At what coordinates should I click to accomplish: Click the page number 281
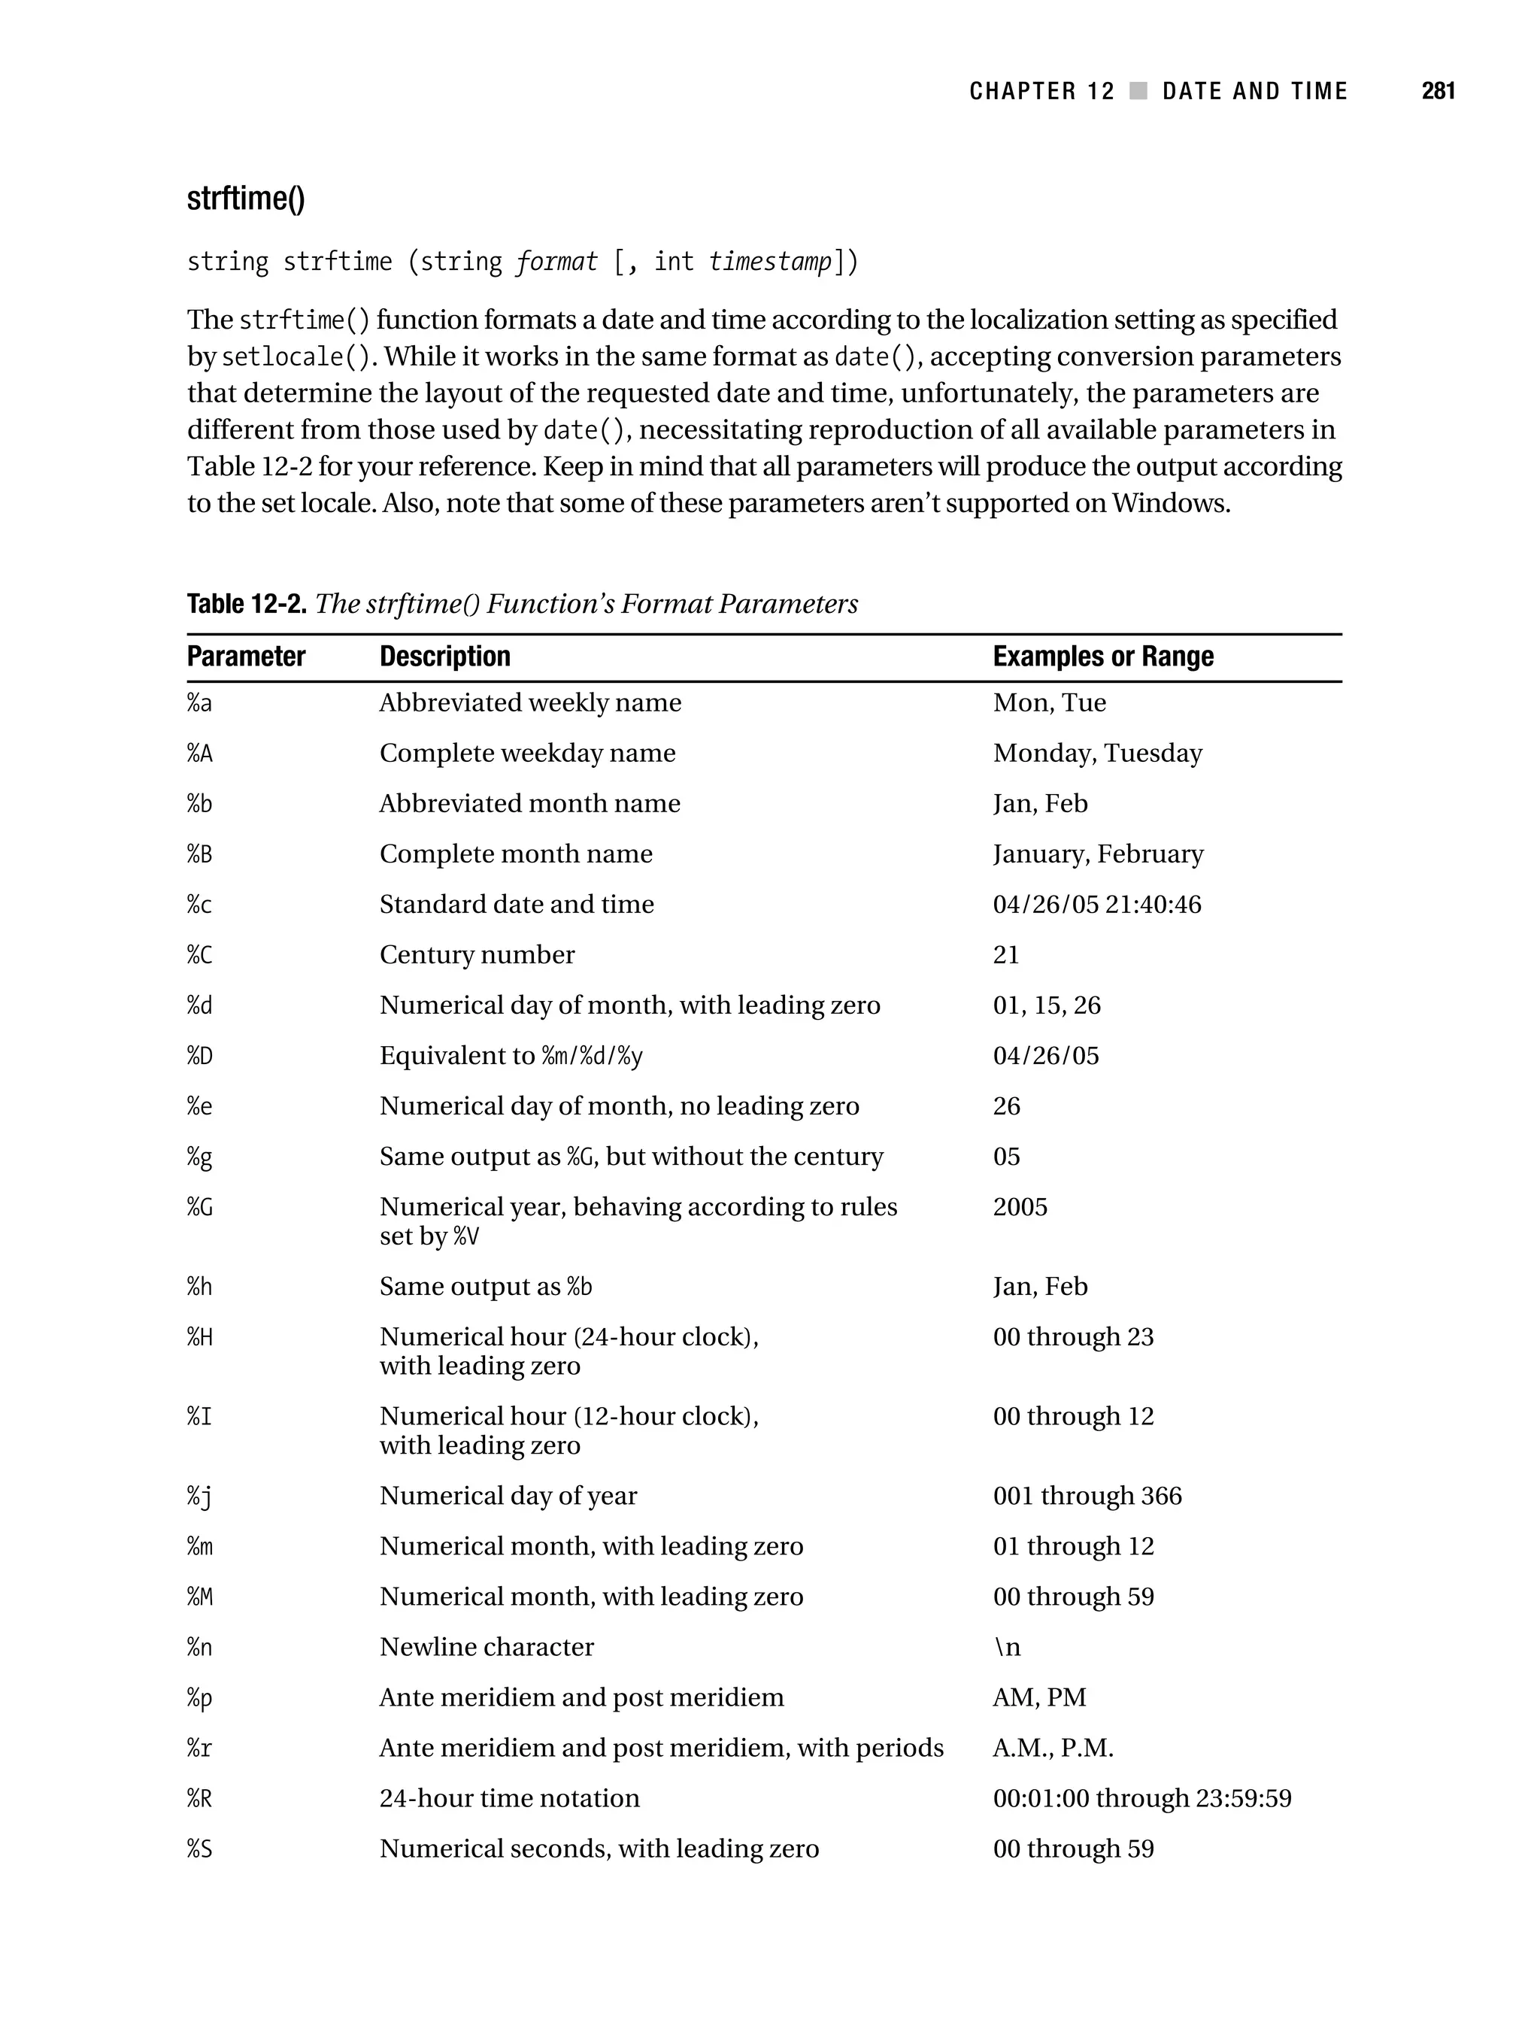point(1438,91)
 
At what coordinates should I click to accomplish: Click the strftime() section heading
point(246,199)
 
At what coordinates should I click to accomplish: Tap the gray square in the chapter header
point(1138,91)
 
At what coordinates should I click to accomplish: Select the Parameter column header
point(246,657)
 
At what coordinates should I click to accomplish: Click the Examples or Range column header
point(1102,657)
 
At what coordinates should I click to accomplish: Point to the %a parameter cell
point(199,704)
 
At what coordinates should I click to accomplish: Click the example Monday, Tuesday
point(1096,754)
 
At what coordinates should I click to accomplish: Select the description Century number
point(477,955)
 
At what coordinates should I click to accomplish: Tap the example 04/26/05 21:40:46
point(1096,905)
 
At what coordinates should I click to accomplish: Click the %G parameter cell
point(199,1207)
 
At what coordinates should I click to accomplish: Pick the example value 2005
point(1020,1207)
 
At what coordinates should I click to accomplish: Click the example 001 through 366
point(1087,1496)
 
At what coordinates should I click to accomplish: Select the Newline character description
point(486,1647)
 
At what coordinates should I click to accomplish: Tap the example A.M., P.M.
point(1053,1748)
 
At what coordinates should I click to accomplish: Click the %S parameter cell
point(199,1849)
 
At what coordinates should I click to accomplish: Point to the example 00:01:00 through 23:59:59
point(1141,1799)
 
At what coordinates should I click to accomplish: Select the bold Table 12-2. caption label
point(246,605)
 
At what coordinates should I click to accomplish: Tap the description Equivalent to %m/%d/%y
point(511,1056)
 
